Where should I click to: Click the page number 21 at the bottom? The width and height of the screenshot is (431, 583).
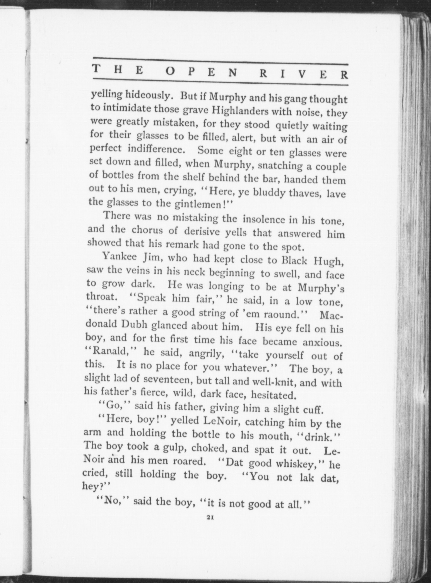pyautogui.click(x=210, y=518)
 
